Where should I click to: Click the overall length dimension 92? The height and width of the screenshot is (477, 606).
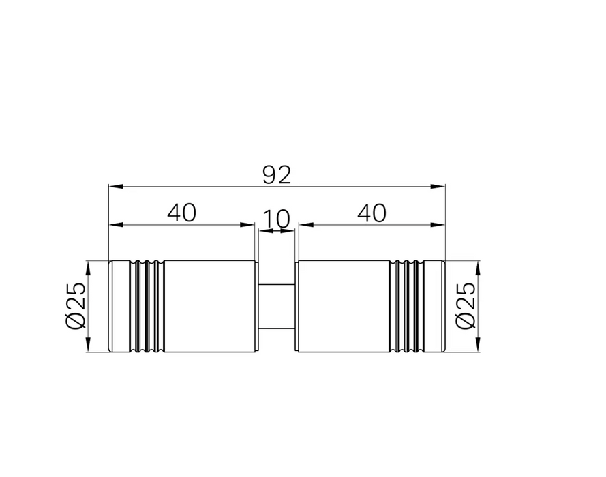(x=276, y=175)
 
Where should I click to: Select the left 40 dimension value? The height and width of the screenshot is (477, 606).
(x=181, y=213)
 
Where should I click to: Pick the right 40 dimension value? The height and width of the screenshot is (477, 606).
(x=372, y=213)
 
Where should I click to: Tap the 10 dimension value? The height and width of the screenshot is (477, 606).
(x=276, y=219)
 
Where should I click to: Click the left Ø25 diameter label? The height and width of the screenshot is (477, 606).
(x=76, y=306)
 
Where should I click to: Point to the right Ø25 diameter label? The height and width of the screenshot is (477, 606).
(x=466, y=306)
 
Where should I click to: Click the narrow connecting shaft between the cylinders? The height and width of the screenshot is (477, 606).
(x=276, y=306)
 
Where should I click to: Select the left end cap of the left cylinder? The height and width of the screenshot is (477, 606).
(x=119, y=306)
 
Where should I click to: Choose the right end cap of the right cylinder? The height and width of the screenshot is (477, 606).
(x=434, y=306)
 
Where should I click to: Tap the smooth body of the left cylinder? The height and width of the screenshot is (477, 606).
(x=209, y=306)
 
